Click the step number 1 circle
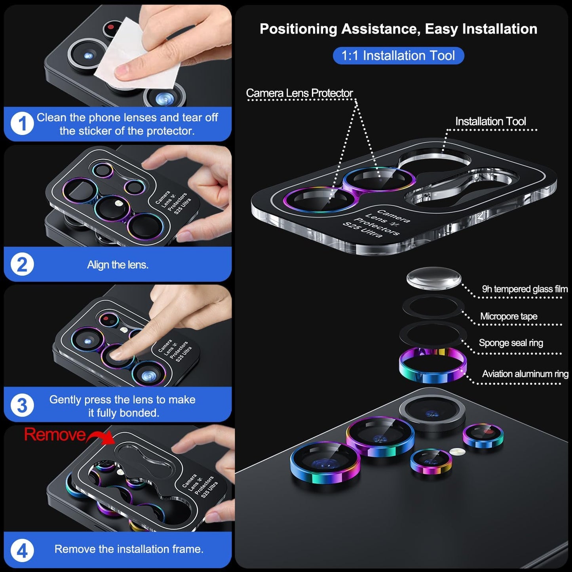coord(22,124)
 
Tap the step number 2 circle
coord(22,264)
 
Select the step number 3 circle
coord(22,405)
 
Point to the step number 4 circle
coord(22,550)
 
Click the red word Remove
coord(55,435)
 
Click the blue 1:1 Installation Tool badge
coord(398,55)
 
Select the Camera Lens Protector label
coord(299,93)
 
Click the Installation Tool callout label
coord(490,122)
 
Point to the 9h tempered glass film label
coord(524,289)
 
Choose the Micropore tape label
coord(508,316)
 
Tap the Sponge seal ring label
coord(511,343)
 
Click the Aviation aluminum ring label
coord(525,374)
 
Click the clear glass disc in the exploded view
coord(433,278)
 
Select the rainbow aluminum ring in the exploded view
coord(432,366)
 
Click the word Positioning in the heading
coord(298,29)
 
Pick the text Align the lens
coord(118,265)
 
